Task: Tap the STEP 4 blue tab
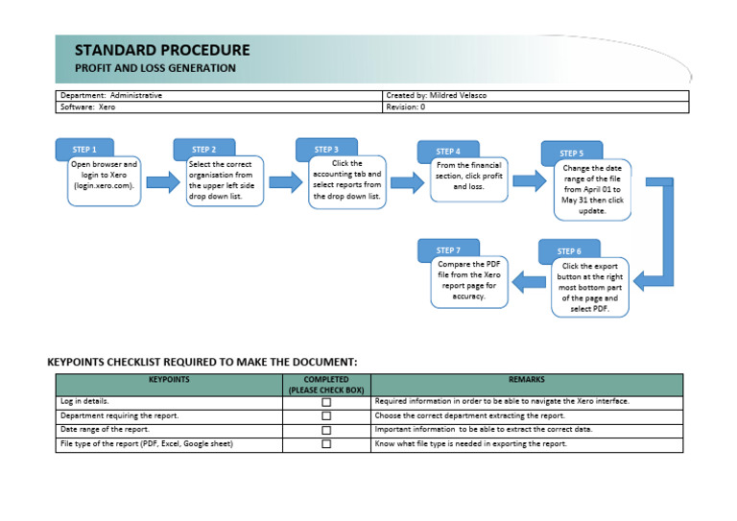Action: click(x=447, y=151)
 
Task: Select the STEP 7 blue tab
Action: click(x=447, y=249)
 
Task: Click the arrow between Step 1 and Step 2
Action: click(x=162, y=183)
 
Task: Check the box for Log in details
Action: click(x=326, y=402)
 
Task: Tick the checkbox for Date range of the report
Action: click(x=326, y=430)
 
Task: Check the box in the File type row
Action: click(x=326, y=444)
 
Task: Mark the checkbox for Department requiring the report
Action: click(x=326, y=415)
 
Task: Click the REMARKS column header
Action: click(x=527, y=380)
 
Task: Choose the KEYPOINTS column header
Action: click(x=169, y=380)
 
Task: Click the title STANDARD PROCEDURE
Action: click(x=162, y=50)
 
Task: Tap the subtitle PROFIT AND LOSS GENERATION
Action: click(x=155, y=68)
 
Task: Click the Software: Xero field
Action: click(x=87, y=107)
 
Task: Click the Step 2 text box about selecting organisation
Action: click(x=222, y=180)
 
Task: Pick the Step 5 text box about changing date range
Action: click(x=591, y=189)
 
